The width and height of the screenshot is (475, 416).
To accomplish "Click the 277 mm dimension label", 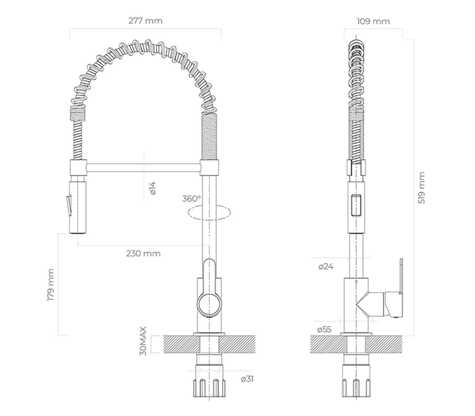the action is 146,21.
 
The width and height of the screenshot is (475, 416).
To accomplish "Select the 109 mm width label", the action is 373,22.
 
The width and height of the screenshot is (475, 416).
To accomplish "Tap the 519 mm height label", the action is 422,188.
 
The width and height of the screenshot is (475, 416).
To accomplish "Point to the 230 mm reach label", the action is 143,253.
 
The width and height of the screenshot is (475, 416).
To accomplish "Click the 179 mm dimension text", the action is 51,285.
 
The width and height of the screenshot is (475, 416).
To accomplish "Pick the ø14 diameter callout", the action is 153,188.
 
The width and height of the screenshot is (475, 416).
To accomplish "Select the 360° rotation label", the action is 191,199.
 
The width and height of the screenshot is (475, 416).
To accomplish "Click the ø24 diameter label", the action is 326,267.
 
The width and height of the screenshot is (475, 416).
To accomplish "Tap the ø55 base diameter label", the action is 324,330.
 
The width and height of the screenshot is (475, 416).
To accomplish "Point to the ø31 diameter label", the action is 247,379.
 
